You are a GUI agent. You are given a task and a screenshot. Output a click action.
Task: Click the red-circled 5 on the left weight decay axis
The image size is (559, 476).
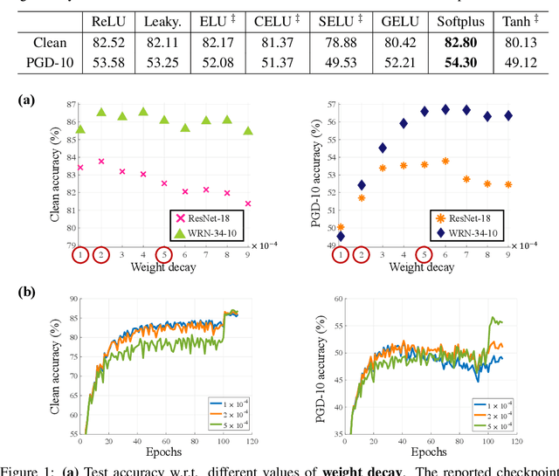[163, 255]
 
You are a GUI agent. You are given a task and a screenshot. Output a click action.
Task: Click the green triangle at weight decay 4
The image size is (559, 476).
[143, 113]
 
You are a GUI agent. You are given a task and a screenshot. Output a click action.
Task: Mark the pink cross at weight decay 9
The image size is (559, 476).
[248, 204]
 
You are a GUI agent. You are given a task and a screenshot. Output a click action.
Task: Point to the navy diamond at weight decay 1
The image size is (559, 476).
[341, 236]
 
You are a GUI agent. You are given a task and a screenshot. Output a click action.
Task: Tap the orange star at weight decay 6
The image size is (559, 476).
[445, 161]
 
